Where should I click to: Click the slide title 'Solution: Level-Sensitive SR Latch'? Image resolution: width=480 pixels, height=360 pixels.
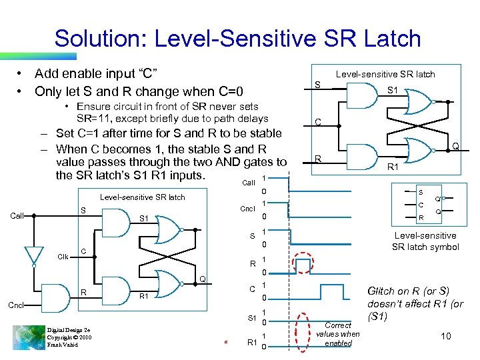pyautogui.click(x=237, y=38)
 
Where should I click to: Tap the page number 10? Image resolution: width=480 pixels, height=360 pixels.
pyautogui.click(x=445, y=336)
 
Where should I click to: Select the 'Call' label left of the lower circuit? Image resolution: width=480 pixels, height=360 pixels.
pyautogui.click(x=18, y=216)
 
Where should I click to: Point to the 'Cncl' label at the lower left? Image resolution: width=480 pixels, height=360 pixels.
pyautogui.click(x=17, y=307)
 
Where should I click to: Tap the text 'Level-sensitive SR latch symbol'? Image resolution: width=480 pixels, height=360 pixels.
pyautogui.click(x=425, y=241)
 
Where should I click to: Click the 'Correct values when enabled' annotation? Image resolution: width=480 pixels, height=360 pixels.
pyautogui.click(x=338, y=334)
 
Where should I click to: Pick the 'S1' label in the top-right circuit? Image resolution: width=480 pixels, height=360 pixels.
pyautogui.click(x=392, y=89)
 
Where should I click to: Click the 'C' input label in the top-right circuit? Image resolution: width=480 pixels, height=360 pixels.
pyautogui.click(x=319, y=122)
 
